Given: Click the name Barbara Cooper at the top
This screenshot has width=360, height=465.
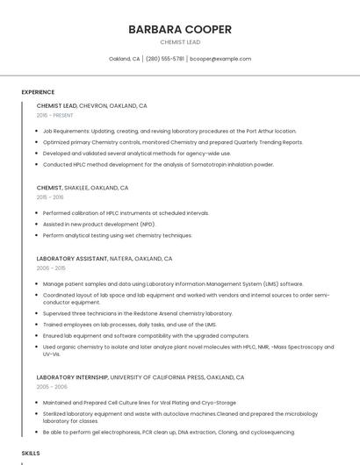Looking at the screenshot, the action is pos(180,29).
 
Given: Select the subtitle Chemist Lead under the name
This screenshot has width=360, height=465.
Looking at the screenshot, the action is pos(180,42).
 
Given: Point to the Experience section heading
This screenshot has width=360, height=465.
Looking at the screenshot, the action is pos(38,92).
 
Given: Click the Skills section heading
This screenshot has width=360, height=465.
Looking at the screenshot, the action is pos(31,453).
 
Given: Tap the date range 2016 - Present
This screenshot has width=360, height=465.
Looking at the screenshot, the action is pos(55,115).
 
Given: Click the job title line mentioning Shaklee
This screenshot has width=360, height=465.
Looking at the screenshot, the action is pos(83,188).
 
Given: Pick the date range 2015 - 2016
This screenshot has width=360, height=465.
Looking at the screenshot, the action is pos(51,197).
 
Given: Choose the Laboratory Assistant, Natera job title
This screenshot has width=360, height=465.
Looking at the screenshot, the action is pos(104,259).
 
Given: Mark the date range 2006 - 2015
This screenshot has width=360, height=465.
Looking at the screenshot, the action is pos(52,268).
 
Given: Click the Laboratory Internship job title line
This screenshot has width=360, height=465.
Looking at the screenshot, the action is pos(140,377).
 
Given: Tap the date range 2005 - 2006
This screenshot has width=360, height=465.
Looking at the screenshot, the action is pos(52,387).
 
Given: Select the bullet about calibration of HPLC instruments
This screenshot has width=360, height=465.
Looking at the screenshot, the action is pos(126,212).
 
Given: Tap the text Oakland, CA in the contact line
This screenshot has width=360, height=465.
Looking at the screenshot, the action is pos(125,59).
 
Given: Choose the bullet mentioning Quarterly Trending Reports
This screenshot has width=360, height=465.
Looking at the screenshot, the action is pos(173,141).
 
